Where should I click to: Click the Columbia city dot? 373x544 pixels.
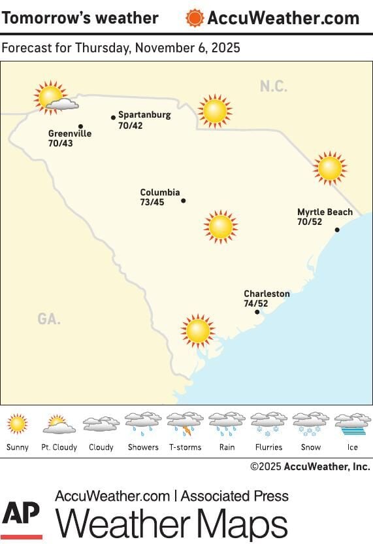183,201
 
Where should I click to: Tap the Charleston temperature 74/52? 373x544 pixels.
256,303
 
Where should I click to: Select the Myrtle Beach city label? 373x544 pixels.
325,212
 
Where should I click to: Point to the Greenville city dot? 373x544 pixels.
80,126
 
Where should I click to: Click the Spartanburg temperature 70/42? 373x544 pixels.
130,125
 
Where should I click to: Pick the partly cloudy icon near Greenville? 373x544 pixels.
54,98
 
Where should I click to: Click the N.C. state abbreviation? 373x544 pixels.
273,86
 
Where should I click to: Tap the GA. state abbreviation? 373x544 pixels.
49,319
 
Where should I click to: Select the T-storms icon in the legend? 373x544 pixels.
185,424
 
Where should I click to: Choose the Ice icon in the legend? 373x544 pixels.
352,424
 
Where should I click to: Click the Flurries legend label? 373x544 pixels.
268,447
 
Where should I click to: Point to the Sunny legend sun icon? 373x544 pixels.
18,424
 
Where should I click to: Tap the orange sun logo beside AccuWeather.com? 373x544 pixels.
195,18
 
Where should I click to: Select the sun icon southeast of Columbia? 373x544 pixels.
220,227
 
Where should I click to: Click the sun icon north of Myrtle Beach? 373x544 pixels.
330,168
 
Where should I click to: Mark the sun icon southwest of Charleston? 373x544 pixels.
198,331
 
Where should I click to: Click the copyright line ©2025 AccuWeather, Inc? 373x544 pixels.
310,466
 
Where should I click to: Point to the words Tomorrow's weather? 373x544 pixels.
80,18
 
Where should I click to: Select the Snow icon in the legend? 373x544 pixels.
310,424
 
